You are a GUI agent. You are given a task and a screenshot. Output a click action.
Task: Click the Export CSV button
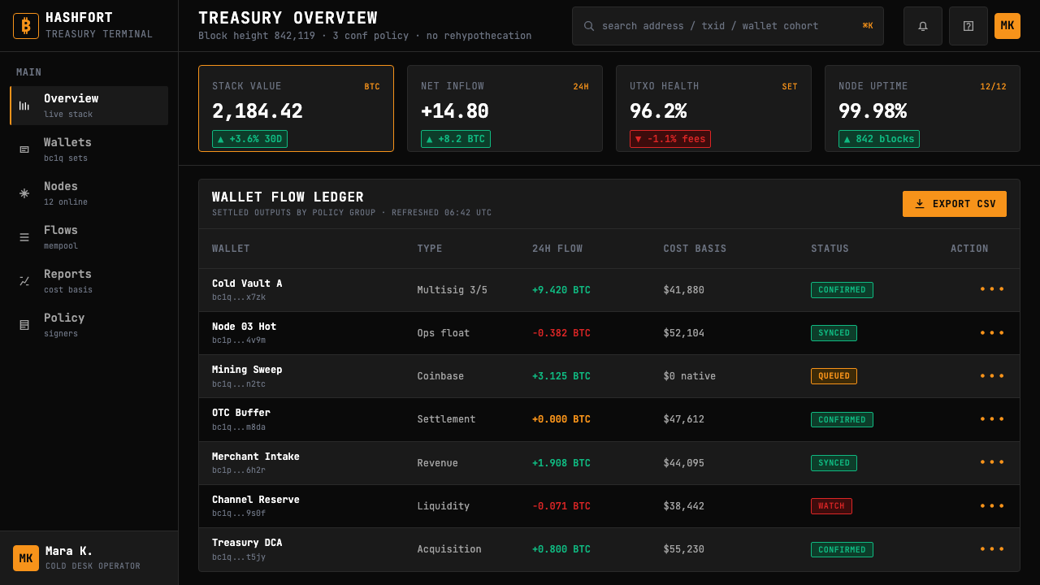click(954, 204)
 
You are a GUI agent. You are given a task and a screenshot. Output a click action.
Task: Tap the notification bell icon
click(922, 26)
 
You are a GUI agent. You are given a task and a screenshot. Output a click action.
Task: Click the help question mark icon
click(968, 26)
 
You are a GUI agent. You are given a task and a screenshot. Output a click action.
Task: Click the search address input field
click(727, 26)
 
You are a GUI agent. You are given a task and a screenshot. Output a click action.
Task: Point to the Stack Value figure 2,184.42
click(258, 111)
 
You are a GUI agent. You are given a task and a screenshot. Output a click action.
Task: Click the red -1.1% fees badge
click(670, 139)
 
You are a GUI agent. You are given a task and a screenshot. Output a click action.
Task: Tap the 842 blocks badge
click(879, 139)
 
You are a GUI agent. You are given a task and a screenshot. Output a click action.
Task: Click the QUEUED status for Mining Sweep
click(834, 376)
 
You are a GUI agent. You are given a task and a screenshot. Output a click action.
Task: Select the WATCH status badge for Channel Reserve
click(831, 505)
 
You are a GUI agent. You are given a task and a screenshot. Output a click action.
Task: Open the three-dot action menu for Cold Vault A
click(992, 289)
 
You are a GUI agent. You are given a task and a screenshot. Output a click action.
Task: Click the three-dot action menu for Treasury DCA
click(992, 548)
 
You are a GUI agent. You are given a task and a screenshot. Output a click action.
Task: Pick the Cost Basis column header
click(695, 249)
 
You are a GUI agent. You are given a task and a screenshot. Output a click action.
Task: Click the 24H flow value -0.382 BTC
click(561, 333)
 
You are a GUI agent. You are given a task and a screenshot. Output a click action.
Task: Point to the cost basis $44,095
click(683, 463)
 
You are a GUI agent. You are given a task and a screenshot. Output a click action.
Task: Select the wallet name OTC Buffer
click(241, 412)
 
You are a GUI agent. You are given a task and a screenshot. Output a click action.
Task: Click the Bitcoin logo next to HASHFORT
click(26, 25)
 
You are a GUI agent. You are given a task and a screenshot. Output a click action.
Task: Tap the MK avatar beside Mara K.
click(26, 557)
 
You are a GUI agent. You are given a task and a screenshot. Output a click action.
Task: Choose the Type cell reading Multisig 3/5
click(453, 290)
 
